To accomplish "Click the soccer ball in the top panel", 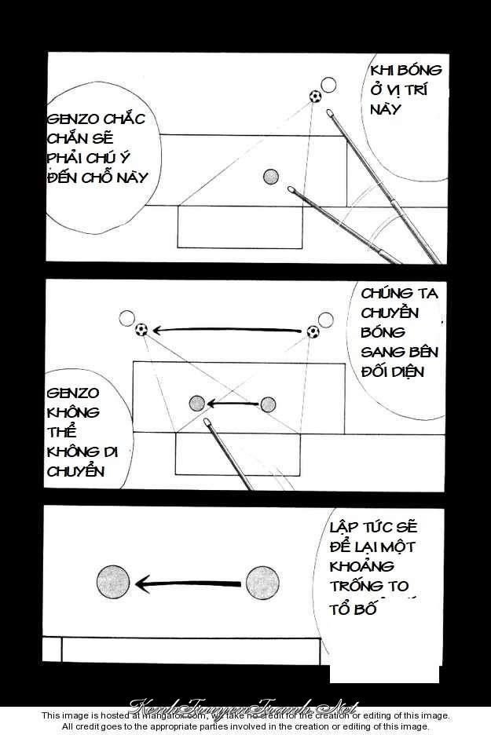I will (315, 97).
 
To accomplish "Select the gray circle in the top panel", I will (272, 177).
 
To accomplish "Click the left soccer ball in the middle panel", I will (142, 330).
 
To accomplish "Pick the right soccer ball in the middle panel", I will (313, 332).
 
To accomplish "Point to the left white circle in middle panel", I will (126, 318).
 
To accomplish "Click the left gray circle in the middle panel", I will (197, 404).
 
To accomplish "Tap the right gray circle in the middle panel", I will (268, 404).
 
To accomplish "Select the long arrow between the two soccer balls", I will (228, 331).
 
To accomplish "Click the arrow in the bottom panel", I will (187, 583).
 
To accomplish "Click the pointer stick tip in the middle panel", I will (207, 422).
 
